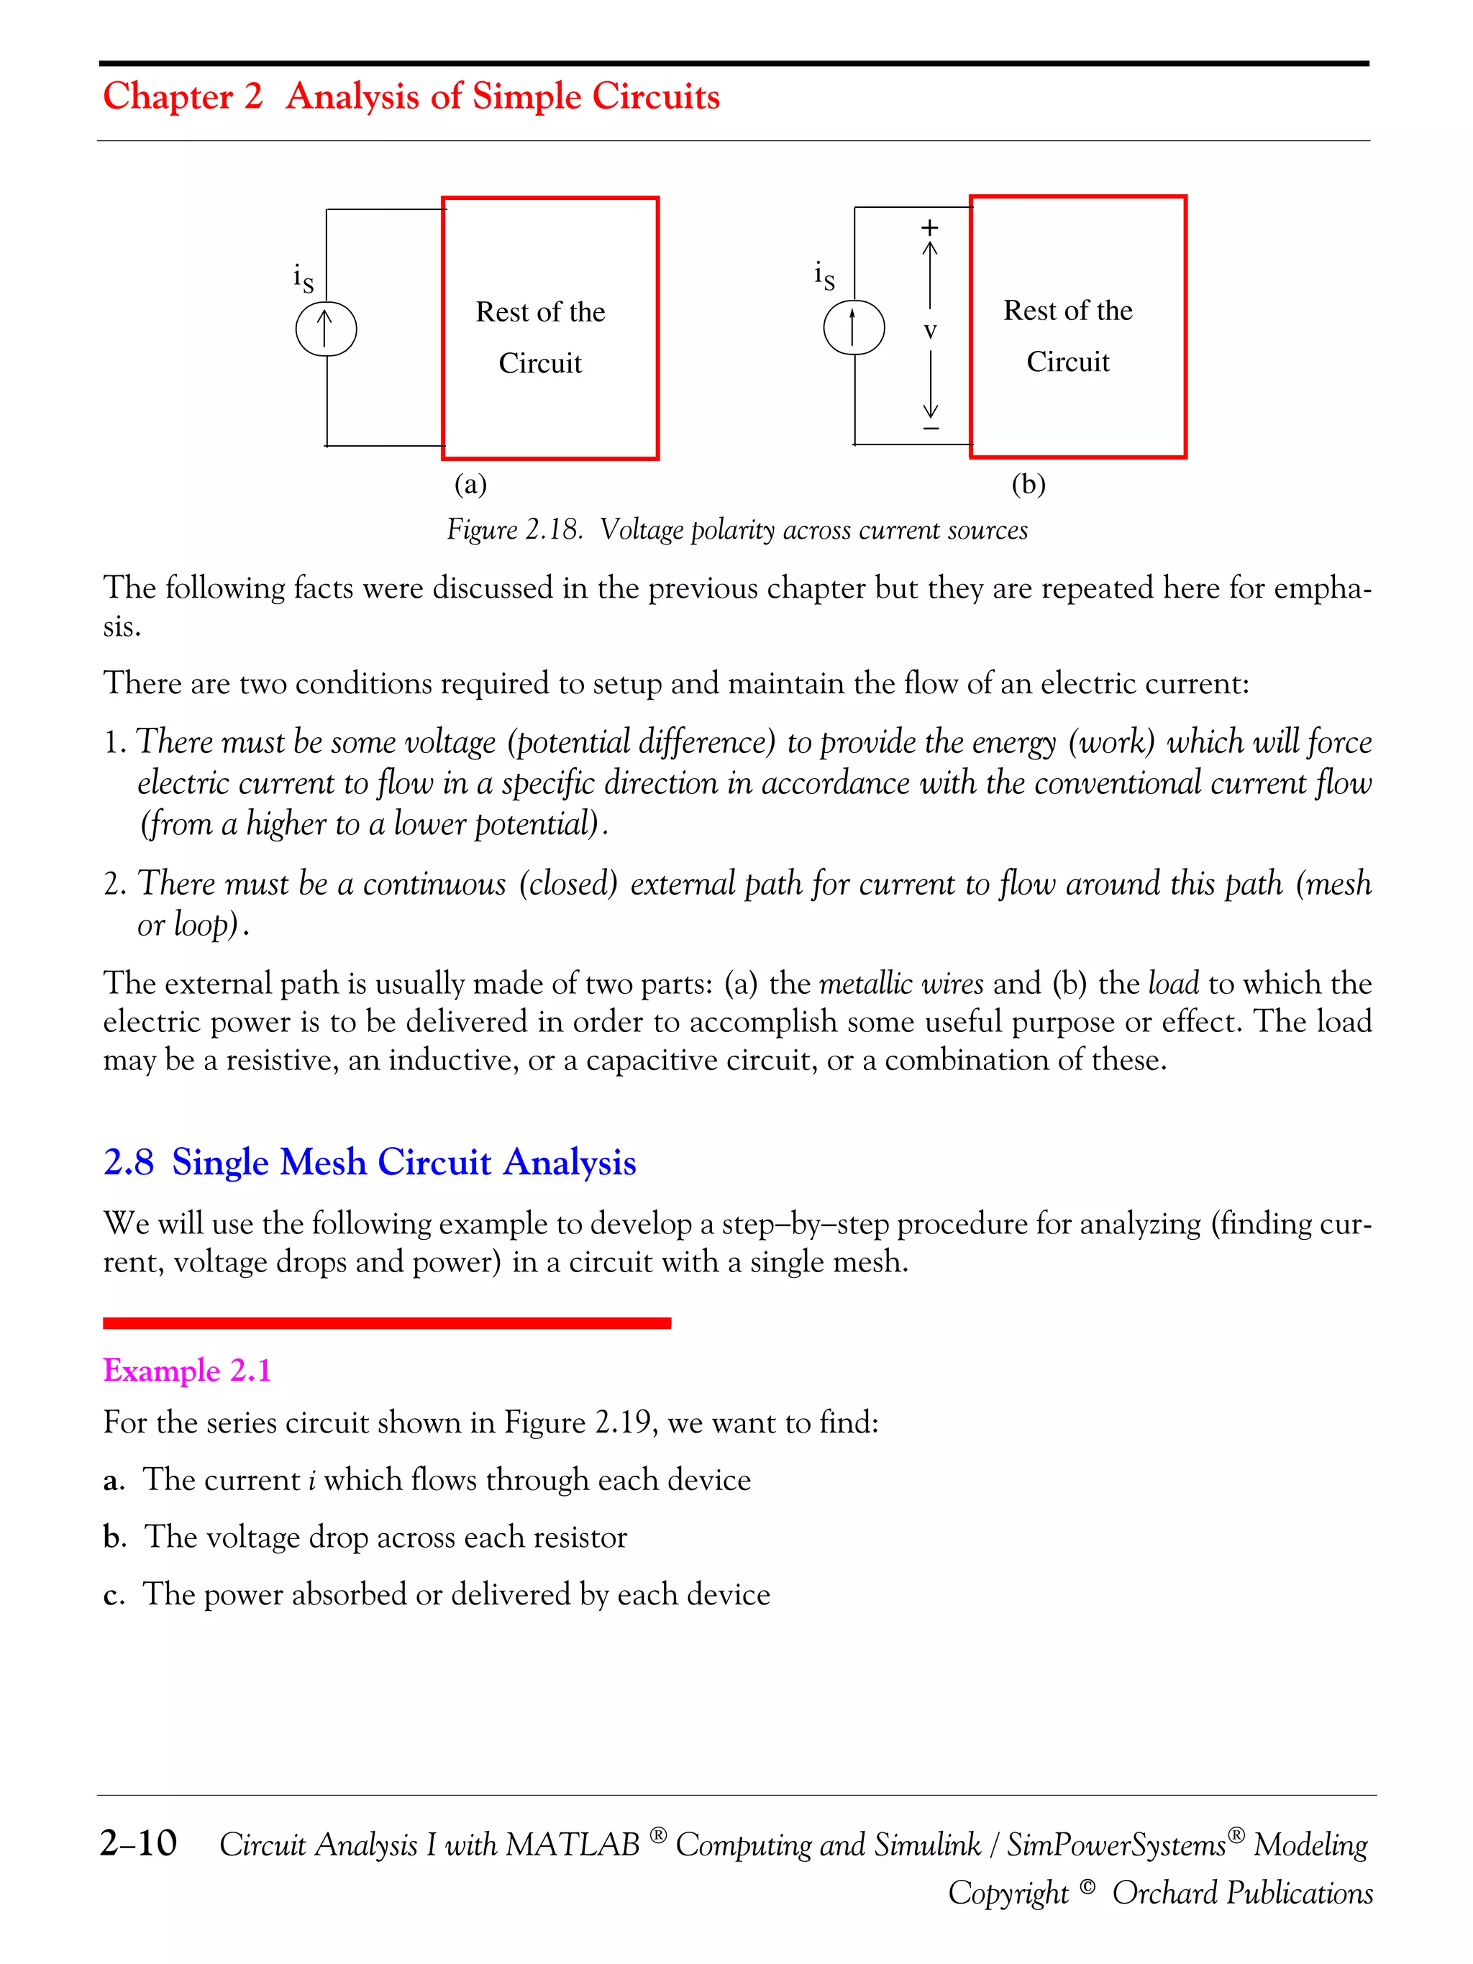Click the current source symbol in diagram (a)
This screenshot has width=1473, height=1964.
326,329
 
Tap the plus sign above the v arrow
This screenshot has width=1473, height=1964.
929,227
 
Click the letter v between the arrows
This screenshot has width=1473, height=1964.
929,332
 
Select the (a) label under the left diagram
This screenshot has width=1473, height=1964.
470,485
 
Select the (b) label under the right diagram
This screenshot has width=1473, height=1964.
1029,485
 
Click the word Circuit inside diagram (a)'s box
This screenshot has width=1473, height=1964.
540,363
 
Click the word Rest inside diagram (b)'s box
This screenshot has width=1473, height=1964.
1023,311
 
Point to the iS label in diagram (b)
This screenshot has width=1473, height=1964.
824,276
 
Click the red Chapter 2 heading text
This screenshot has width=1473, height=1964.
183,96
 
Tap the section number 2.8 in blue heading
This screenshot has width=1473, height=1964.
129,1162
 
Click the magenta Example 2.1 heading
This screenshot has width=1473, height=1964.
186,1370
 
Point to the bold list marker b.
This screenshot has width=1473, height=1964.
114,1537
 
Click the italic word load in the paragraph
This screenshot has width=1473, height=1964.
1173,984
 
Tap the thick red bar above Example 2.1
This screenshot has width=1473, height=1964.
386,1323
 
